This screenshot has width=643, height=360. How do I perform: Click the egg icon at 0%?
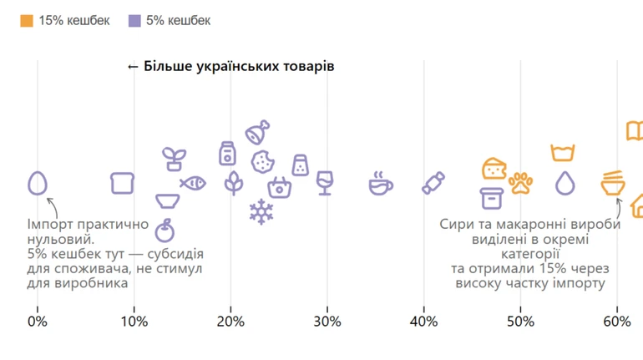tap(38, 183)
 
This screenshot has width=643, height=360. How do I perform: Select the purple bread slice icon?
tap(123, 183)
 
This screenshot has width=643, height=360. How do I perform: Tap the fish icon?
tap(193, 182)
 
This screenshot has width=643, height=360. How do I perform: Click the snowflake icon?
tap(261, 212)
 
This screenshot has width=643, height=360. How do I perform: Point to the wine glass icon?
tap(325, 182)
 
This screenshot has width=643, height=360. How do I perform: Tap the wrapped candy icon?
tap(433, 183)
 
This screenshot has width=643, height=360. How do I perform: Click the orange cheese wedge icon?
tap(494, 168)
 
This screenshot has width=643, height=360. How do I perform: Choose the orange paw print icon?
tap(521, 183)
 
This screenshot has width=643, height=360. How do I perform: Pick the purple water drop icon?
tap(565, 183)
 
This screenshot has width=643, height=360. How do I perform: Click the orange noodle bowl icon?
tap(614, 183)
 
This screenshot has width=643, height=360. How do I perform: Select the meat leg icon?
tap(257, 132)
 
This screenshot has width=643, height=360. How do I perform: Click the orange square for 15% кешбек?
tap(27, 21)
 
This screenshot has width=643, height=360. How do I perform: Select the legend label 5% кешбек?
tap(178, 21)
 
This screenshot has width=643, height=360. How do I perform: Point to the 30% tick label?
tap(327, 322)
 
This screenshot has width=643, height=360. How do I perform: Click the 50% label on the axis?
tap(520, 322)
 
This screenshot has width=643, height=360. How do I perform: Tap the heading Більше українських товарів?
tap(230, 66)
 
